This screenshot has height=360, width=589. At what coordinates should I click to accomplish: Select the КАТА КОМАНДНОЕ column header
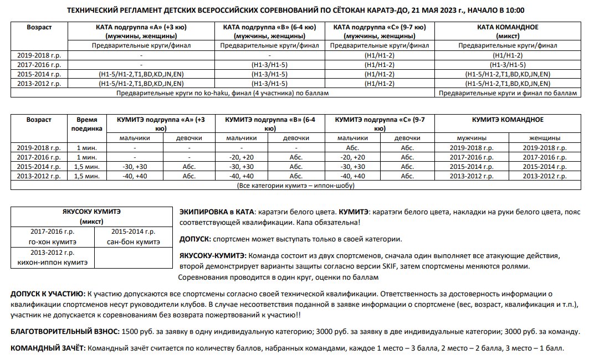(x=508, y=31)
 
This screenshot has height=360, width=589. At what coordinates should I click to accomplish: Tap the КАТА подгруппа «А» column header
(x=141, y=31)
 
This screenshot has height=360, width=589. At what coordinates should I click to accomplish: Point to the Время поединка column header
(x=86, y=124)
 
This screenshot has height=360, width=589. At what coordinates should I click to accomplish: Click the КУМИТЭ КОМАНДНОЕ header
(x=508, y=120)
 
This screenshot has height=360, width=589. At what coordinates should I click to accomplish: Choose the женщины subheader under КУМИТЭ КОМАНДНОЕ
(x=545, y=138)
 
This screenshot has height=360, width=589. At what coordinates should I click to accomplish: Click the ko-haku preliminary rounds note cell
(x=222, y=93)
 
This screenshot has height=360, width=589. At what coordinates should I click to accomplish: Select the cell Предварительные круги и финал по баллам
(x=508, y=93)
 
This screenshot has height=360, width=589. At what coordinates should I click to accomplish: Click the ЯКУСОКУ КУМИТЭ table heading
(x=92, y=217)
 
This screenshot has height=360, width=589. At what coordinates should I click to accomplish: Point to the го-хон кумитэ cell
(x=53, y=237)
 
